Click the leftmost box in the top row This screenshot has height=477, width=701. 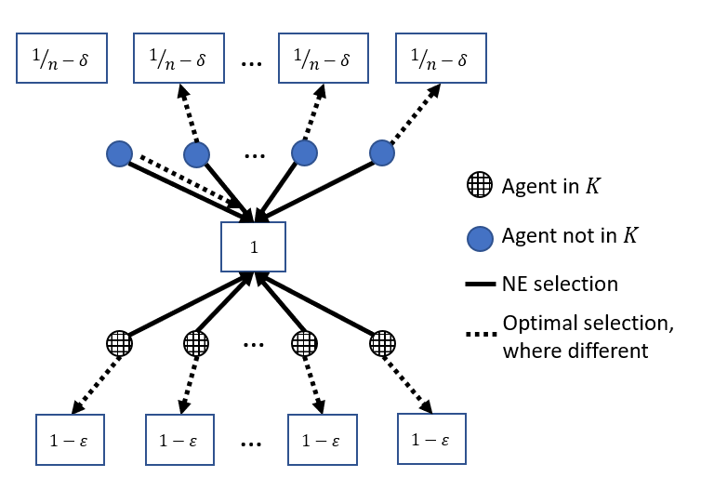click(x=61, y=58)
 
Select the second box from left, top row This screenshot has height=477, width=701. click(x=179, y=58)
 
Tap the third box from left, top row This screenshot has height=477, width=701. click(x=324, y=58)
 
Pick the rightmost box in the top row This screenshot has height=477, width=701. click(x=441, y=58)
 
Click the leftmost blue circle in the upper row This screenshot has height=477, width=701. click(x=119, y=153)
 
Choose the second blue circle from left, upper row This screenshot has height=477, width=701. click(x=196, y=154)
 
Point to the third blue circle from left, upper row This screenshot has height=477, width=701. click(x=304, y=152)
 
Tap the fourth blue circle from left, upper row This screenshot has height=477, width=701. click(x=382, y=152)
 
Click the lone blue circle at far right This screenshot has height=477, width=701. click(x=480, y=239)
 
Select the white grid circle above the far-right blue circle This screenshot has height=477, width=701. click(x=480, y=184)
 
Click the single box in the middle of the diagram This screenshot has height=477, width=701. click(x=253, y=246)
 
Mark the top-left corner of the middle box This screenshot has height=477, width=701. click(x=221, y=222)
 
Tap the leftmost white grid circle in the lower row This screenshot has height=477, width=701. click(x=119, y=343)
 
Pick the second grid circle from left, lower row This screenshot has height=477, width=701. click(x=196, y=343)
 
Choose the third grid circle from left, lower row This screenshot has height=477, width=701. click(x=304, y=343)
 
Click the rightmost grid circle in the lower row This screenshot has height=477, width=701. click(x=382, y=343)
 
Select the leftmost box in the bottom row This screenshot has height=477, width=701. click(x=70, y=439)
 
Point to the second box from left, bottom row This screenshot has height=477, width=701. click(x=179, y=439)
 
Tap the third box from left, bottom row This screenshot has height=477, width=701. click(x=323, y=439)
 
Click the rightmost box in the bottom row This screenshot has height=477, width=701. click(x=431, y=439)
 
